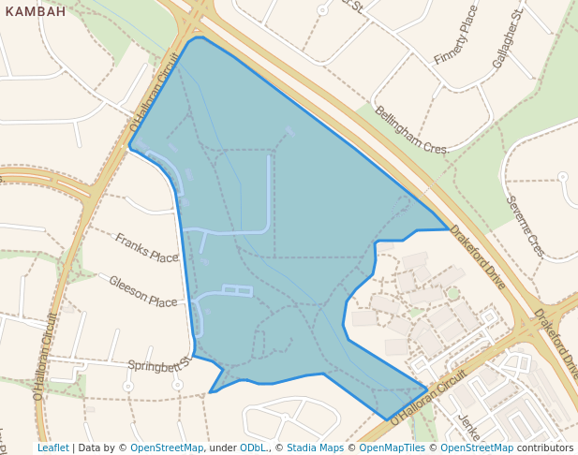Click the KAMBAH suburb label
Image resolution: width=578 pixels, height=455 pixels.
35,12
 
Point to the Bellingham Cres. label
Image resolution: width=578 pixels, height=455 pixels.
412,130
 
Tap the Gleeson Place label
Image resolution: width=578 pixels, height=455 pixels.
142,291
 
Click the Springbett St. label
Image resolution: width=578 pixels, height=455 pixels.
159,362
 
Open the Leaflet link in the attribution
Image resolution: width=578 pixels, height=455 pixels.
52,448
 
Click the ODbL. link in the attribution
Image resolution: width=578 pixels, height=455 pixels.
253,448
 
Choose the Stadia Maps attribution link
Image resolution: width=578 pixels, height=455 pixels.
315,448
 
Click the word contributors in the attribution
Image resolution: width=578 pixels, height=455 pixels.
545,448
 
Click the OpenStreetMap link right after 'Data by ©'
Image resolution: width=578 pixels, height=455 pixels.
167,448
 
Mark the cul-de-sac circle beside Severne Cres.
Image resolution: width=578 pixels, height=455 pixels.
563,176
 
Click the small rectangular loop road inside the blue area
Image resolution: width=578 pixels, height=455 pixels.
237,290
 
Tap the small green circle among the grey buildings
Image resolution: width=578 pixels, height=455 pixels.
454,294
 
